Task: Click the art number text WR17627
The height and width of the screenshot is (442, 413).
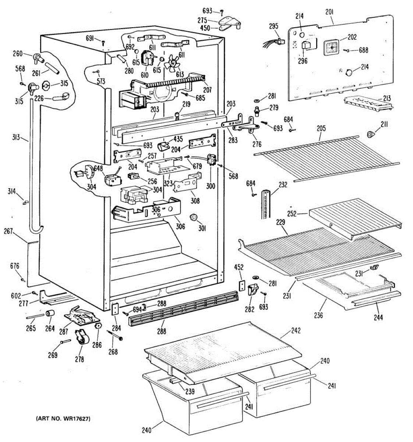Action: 63,418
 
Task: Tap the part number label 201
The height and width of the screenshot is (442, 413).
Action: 329,12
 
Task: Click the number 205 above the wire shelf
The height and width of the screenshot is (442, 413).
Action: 321,128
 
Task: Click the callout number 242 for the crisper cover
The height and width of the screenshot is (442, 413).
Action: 296,330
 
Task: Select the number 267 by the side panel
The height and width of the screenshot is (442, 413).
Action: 8,231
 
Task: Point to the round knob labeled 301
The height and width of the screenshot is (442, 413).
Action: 192,217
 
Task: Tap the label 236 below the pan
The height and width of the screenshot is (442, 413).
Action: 318,315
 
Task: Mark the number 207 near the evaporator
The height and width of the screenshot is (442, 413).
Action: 208,89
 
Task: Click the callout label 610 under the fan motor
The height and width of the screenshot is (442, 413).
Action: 144,75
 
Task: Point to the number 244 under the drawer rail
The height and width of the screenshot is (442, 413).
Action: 378,317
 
